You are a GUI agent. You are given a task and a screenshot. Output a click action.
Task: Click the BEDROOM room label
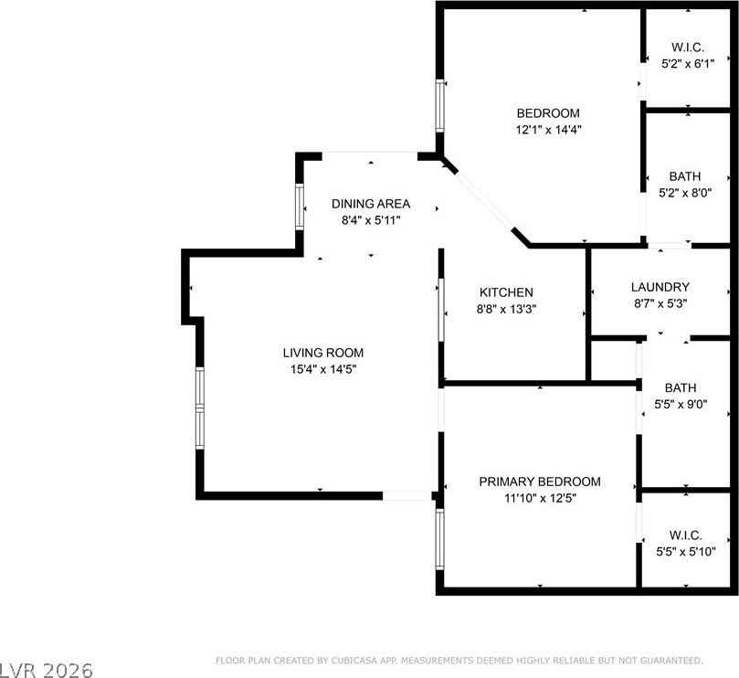click(548, 113)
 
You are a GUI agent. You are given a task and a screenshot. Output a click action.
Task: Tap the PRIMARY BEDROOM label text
click(540, 482)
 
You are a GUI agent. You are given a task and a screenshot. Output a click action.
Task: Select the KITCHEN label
click(506, 292)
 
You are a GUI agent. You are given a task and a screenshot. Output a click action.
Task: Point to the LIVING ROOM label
click(323, 353)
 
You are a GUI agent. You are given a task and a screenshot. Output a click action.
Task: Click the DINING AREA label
click(371, 204)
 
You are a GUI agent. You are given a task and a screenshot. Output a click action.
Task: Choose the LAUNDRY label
click(660, 287)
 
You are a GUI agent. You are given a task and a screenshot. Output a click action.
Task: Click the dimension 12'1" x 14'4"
click(549, 129)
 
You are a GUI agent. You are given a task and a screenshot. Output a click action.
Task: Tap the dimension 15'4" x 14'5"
click(323, 369)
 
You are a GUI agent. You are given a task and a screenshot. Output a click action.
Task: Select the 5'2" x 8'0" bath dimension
click(685, 193)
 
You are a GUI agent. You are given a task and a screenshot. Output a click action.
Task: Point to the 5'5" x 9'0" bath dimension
click(681, 404)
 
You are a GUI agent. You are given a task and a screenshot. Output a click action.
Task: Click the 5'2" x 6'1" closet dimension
click(688, 64)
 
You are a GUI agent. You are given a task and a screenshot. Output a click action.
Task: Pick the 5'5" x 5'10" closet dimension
click(686, 551)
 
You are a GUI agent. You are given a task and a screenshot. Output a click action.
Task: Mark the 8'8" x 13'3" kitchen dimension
click(507, 309)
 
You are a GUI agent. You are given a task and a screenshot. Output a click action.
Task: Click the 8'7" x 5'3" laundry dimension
click(660, 303)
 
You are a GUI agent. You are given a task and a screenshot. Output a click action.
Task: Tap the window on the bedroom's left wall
click(439, 106)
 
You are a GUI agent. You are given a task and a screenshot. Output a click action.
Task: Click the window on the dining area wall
click(300, 207)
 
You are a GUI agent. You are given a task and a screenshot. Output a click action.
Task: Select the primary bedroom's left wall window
click(439, 539)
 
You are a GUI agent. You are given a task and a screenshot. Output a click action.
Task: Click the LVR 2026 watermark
click(47, 670)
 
